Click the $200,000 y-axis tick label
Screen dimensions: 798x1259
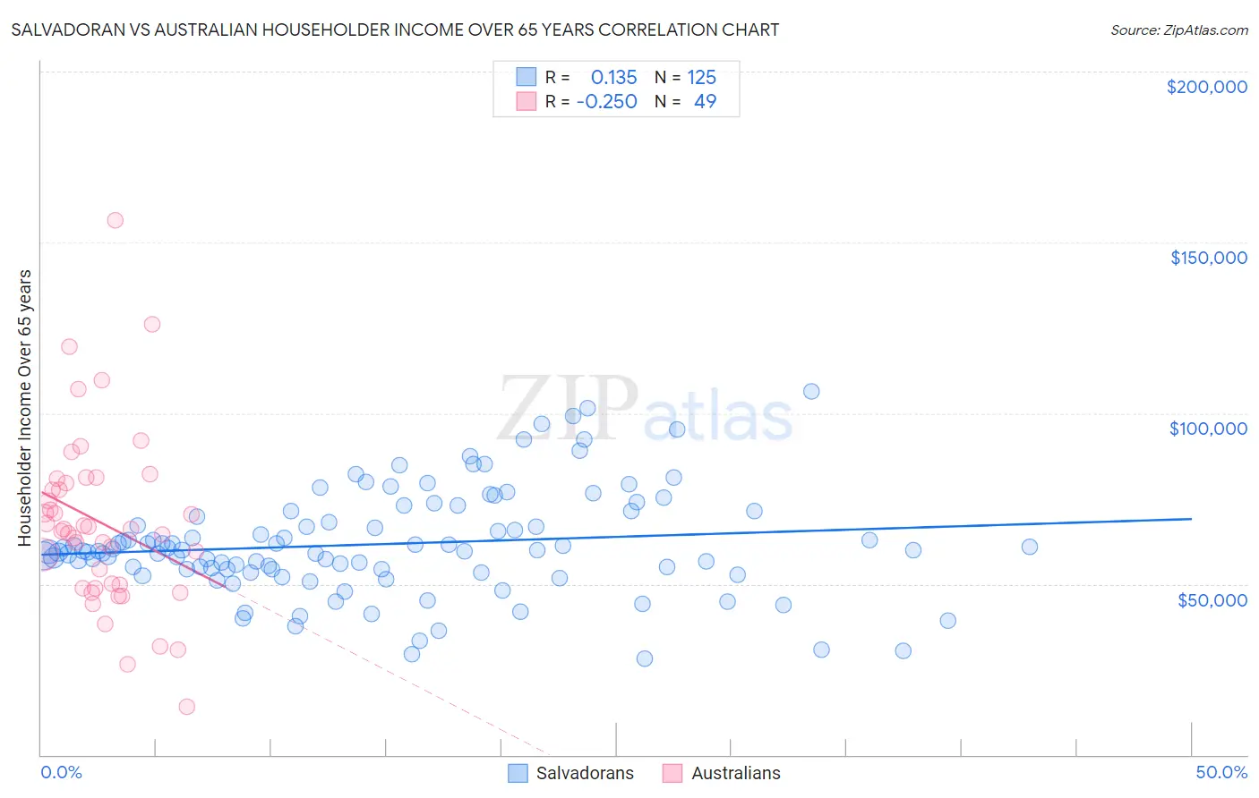tap(1206, 87)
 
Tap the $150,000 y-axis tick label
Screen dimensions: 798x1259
tap(1208, 258)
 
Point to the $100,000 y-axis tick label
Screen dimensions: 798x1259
tap(1208, 429)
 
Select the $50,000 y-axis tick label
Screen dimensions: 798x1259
tap(1212, 600)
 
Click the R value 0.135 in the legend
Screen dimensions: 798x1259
tap(613, 78)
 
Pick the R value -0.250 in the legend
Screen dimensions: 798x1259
tap(607, 102)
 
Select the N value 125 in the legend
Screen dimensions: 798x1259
tap(701, 78)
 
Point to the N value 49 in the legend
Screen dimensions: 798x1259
tap(705, 102)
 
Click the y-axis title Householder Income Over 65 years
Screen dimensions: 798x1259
tap(24, 408)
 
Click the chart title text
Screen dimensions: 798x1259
tap(395, 30)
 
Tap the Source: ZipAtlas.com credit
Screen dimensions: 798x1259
tap(1178, 30)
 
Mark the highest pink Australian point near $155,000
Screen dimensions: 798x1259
tap(115, 220)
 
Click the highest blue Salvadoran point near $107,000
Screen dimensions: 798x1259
tap(811, 391)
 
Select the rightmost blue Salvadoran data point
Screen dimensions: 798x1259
tap(1030, 547)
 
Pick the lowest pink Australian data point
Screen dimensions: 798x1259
tap(186, 707)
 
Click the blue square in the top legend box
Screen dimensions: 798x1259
tap(526, 77)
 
